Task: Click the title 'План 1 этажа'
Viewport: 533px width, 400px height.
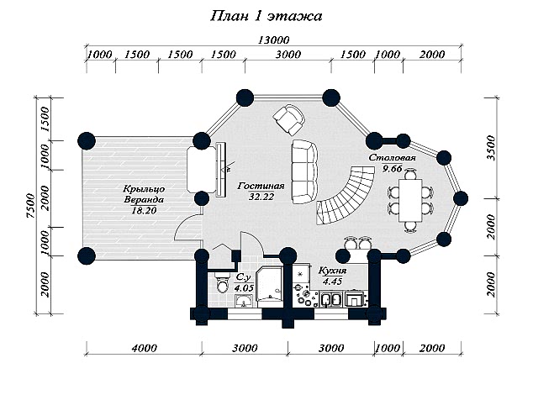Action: coord(266,16)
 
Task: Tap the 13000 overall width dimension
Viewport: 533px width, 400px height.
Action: coord(273,40)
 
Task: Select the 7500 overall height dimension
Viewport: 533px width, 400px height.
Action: coord(30,206)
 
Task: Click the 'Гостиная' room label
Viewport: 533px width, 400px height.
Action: coord(261,186)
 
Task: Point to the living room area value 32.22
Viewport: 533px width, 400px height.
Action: coord(261,197)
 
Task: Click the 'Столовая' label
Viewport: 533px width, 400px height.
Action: coord(393,158)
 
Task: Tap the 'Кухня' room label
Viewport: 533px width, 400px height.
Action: coord(332,271)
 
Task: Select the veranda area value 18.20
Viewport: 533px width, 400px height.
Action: coord(144,211)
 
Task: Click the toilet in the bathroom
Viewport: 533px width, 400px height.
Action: coord(222,282)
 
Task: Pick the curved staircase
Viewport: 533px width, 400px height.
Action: coord(345,195)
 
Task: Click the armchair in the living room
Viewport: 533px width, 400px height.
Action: coord(289,119)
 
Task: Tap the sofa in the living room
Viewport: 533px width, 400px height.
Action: coord(304,171)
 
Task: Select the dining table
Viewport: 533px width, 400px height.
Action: coord(410,201)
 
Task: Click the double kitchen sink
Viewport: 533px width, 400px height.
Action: coord(331,299)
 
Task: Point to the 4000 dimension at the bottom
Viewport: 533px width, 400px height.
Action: coord(144,348)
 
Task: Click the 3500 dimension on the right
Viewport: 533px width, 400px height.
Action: coord(491,148)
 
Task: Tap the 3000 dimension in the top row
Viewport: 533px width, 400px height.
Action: coord(288,55)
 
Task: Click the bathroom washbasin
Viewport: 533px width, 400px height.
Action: coord(244,301)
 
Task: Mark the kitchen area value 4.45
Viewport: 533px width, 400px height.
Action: coord(332,282)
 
